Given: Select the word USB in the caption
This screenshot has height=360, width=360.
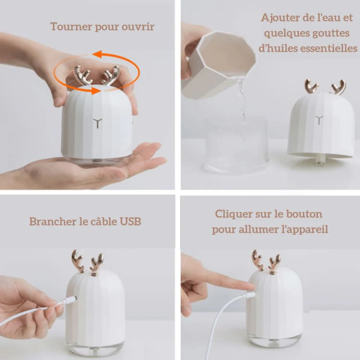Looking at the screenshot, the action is [131, 222].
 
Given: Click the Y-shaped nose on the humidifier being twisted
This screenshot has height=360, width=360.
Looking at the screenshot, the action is [97, 123].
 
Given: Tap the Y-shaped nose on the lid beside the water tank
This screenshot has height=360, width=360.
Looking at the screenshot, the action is [319, 120].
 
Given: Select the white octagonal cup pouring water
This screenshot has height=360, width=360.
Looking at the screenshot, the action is [218, 65].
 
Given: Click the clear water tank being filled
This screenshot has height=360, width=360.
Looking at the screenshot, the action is [237, 144].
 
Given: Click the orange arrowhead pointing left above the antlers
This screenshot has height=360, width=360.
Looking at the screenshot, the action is [97, 54].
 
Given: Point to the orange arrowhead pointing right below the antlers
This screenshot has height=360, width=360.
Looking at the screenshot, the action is [96, 90].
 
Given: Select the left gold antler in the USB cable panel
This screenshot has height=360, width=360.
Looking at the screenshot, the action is [77, 262].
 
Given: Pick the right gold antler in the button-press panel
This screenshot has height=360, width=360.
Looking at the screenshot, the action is [275, 264].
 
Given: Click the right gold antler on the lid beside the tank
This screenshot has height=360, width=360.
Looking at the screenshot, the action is [339, 87].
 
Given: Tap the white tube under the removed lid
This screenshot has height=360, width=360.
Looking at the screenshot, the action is [319, 159].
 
